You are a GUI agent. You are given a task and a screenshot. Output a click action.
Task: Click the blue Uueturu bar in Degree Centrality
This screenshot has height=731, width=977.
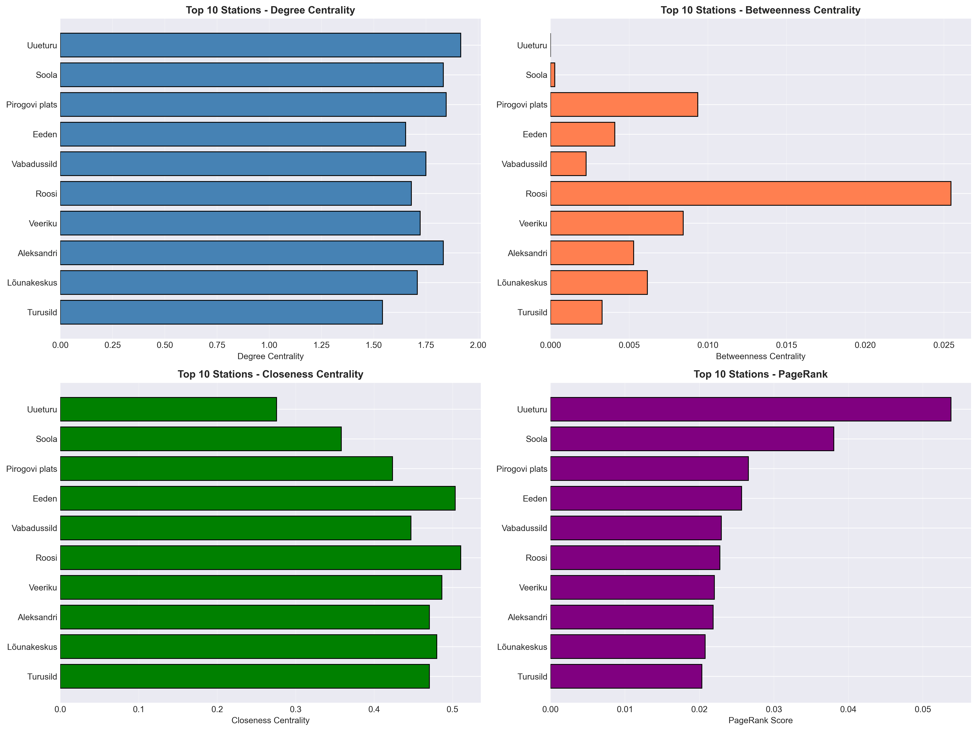[261, 45]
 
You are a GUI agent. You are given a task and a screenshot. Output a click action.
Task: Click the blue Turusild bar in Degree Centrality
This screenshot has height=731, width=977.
[221, 312]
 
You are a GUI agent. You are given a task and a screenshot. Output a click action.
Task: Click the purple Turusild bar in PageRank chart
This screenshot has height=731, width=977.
[626, 676]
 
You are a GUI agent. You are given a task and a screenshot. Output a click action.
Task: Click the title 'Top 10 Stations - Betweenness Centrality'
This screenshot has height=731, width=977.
[760, 10]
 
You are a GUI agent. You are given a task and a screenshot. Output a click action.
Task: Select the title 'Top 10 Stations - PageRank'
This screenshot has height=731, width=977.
[760, 374]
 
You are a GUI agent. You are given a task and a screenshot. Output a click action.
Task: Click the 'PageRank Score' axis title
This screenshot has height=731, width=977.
[760, 720]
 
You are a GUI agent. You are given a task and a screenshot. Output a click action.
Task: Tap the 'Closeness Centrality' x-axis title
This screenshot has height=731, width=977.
[270, 720]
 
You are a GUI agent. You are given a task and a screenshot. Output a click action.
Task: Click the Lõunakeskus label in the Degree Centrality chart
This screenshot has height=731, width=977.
[32, 283]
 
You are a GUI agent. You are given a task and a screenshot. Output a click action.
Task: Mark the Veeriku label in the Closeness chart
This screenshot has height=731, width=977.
[43, 587]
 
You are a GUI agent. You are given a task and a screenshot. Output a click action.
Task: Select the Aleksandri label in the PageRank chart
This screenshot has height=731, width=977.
[527, 617]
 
